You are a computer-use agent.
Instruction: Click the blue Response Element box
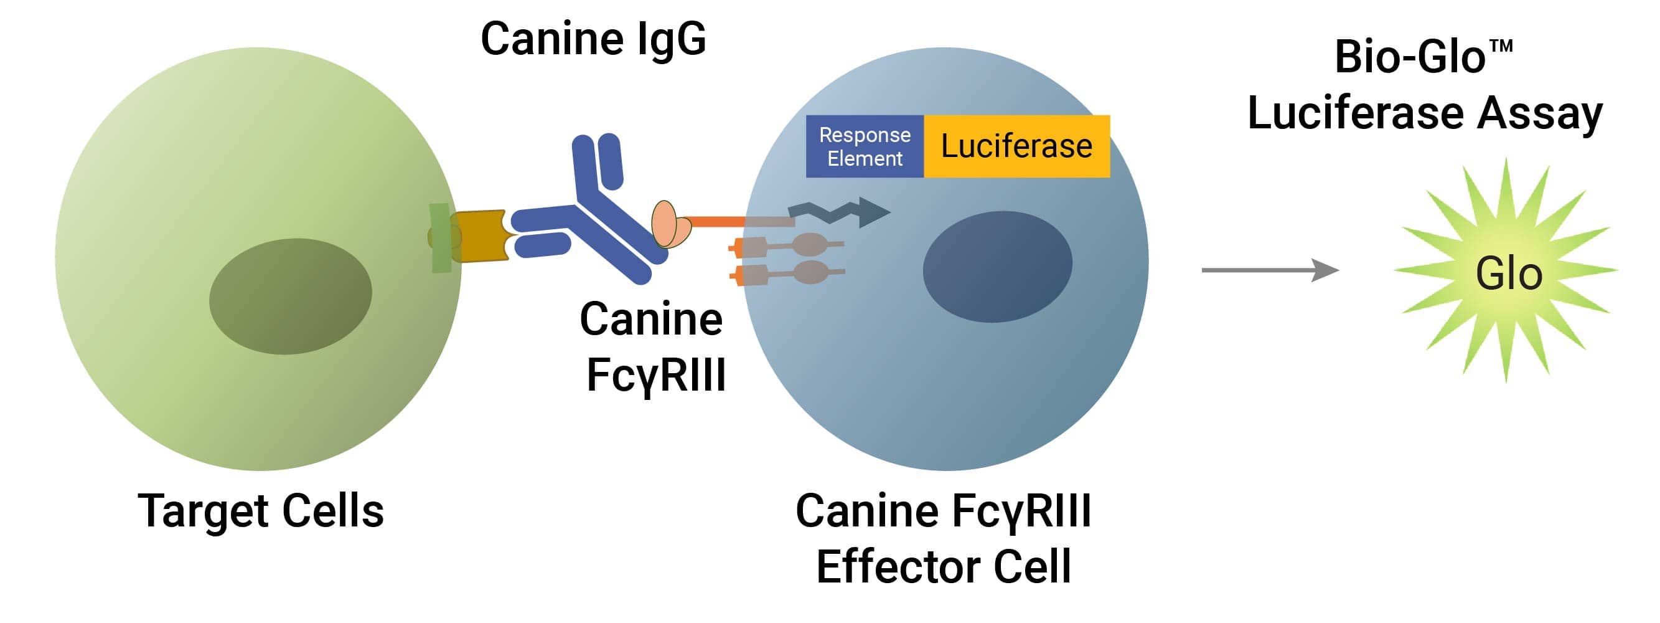[x=864, y=146]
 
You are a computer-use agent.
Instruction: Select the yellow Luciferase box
[x=1016, y=146]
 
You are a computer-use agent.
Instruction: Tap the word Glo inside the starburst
[x=1509, y=274]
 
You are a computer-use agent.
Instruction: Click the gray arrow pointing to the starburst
[x=1269, y=270]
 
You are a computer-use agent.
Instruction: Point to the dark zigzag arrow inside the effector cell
[x=838, y=212]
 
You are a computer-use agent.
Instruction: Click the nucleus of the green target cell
[x=291, y=296]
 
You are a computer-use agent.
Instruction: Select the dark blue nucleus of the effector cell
[x=997, y=267]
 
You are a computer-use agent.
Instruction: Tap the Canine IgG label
[x=593, y=39]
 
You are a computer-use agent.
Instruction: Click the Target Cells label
[x=260, y=511]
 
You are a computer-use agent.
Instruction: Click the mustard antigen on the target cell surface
[x=480, y=235]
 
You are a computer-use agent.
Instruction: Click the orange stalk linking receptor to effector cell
[x=715, y=221]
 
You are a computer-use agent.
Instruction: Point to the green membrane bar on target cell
[x=440, y=238]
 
